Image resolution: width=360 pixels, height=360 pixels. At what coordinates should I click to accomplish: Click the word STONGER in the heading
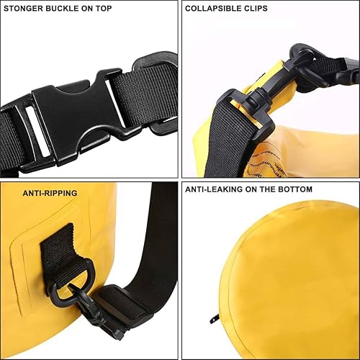25,9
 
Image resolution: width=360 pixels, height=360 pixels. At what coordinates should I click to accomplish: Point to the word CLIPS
255,9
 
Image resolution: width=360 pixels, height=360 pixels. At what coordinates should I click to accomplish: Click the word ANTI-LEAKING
215,190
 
